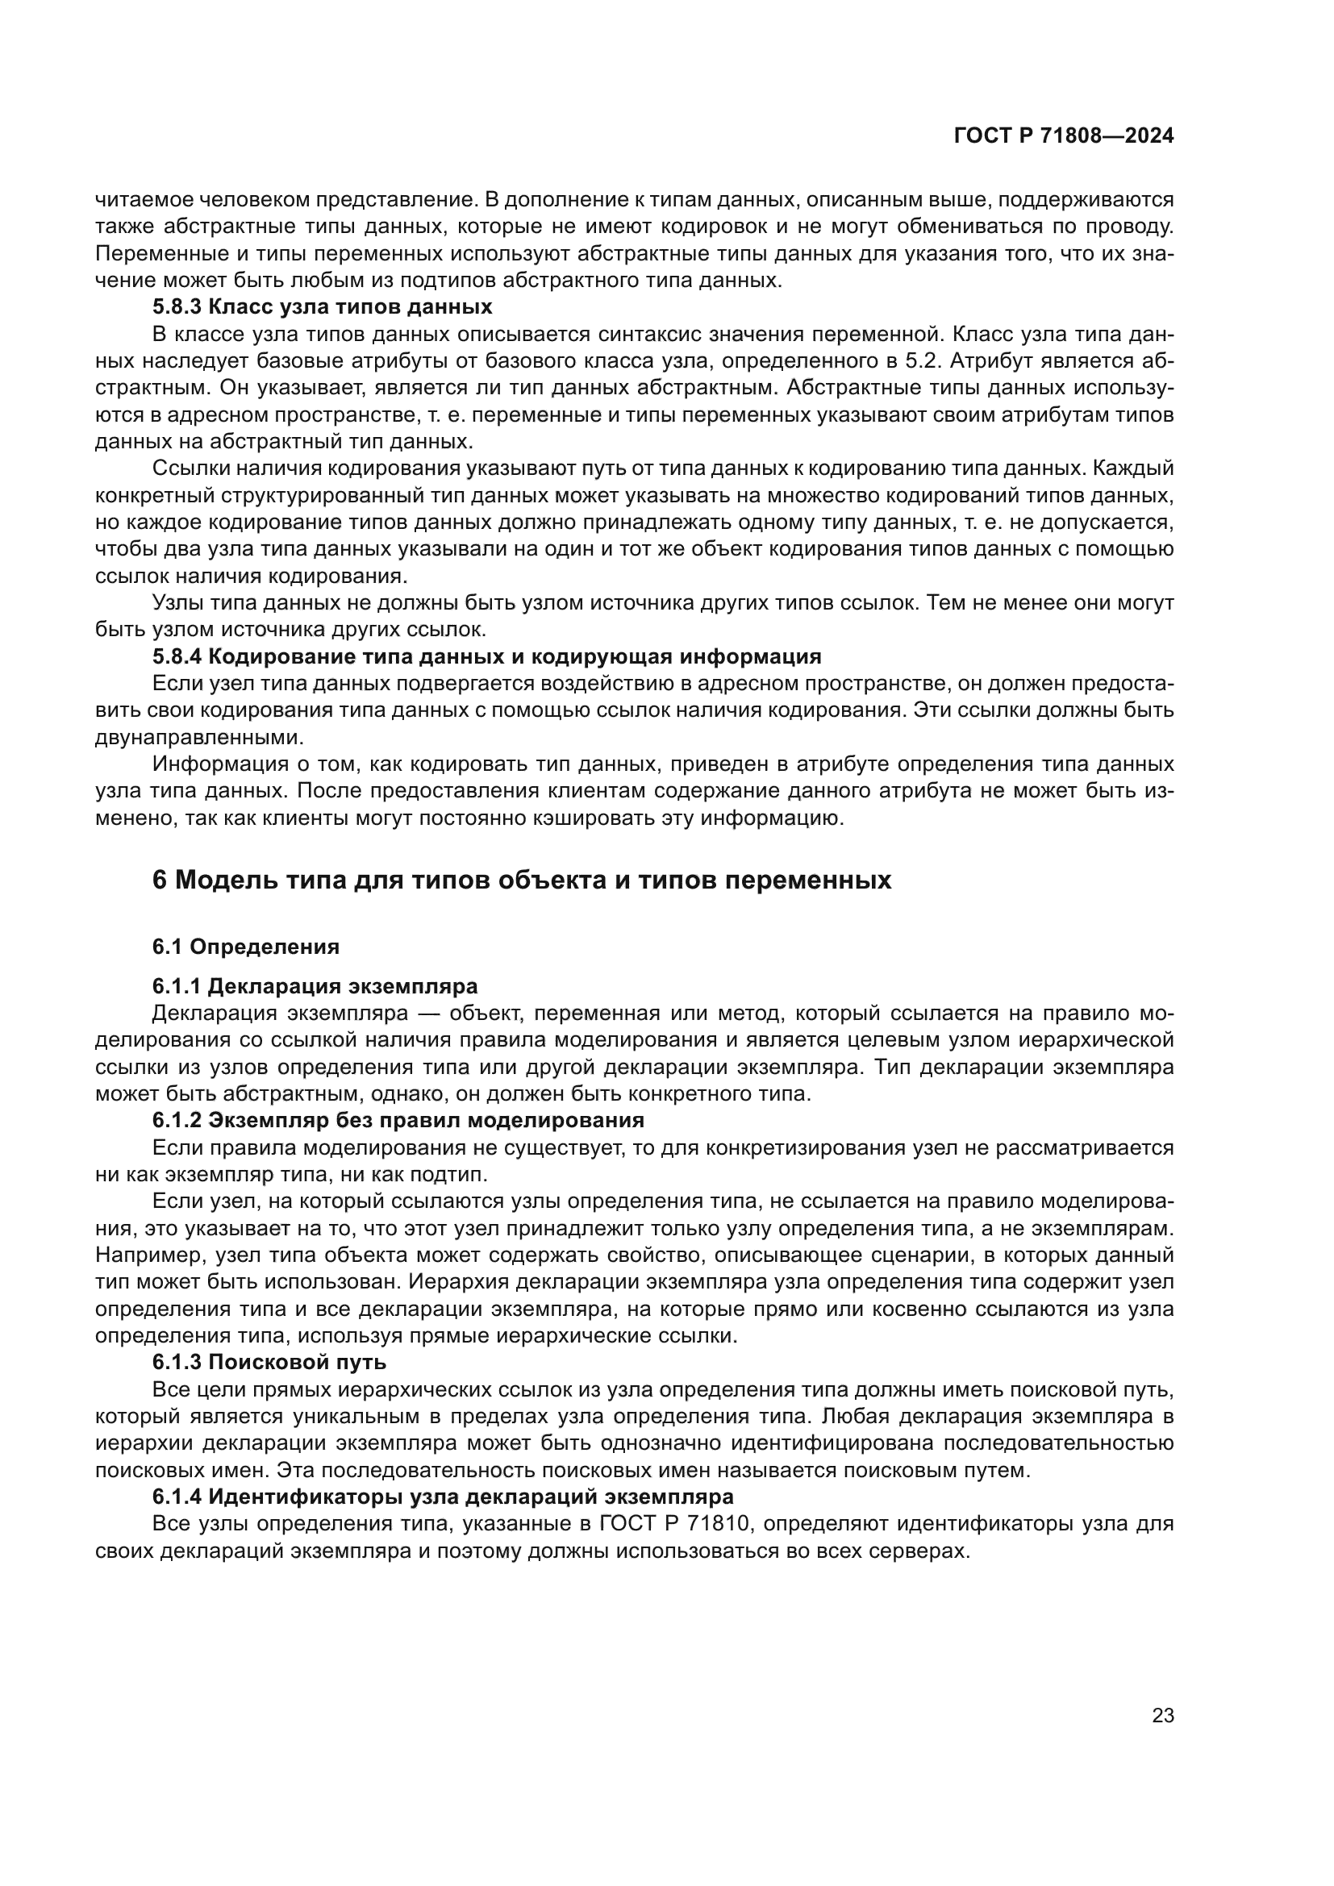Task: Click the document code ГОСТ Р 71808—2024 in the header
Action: [1063, 136]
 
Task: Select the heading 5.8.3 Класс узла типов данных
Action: [322, 307]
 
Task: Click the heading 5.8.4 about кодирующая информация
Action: [486, 656]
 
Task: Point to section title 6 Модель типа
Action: [522, 880]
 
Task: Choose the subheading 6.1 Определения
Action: [246, 947]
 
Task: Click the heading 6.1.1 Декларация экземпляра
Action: [315, 985]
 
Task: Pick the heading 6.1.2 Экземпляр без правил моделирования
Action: [398, 1120]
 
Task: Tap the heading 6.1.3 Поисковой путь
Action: [269, 1361]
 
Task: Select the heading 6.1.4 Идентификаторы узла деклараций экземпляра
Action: [443, 1496]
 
